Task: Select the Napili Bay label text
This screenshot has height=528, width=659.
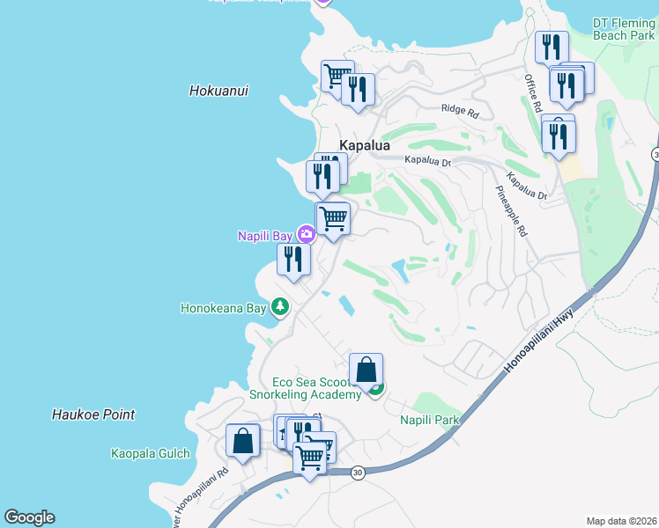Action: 266,235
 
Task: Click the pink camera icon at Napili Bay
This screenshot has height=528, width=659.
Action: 306,234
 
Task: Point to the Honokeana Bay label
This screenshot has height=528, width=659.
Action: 223,309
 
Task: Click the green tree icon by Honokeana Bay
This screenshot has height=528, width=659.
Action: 280,307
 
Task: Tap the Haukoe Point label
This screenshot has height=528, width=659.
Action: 93,414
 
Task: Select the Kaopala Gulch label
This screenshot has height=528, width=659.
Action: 150,454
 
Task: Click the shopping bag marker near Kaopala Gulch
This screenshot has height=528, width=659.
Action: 242,440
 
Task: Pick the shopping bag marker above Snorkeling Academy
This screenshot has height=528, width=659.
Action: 366,370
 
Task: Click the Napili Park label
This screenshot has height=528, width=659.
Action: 430,420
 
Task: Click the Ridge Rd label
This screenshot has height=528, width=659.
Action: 460,113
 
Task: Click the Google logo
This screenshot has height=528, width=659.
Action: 29,517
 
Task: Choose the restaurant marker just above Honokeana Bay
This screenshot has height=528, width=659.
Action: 293,259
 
